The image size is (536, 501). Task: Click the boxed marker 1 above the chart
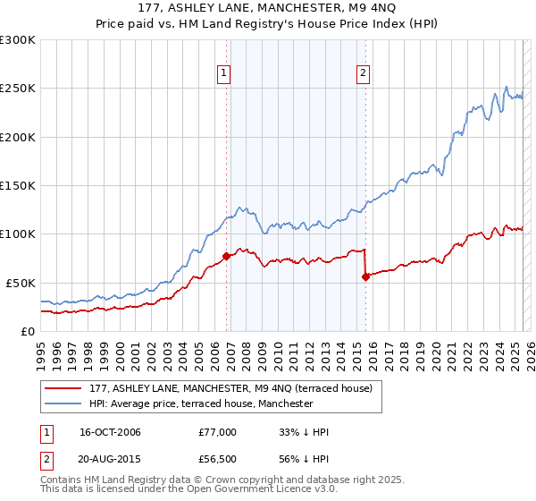pos(222,75)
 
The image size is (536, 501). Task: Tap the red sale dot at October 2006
pos(226,257)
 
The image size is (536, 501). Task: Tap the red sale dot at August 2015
pos(365,276)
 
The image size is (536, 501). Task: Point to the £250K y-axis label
pos(18,89)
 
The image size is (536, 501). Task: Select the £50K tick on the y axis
pos(21,283)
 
